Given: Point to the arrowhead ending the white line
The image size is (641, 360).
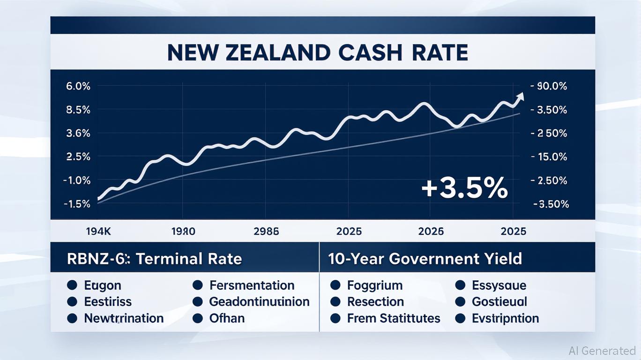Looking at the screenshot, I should [x=520, y=97].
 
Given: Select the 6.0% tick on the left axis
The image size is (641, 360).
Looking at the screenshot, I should [x=78, y=86].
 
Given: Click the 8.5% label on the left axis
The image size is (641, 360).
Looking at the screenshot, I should [x=78, y=110].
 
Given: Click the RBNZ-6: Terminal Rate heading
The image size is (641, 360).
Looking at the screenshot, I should [x=155, y=259].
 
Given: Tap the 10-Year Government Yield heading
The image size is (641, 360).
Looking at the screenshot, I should [x=425, y=259].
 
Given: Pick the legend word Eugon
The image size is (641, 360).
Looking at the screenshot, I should [x=103, y=285].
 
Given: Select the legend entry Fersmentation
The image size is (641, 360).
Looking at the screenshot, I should [x=252, y=285].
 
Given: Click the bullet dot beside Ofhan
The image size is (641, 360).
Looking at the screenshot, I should [x=198, y=318].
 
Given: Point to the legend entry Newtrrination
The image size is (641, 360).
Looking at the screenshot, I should [x=124, y=318].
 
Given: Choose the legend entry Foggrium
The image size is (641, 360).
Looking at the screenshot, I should [x=375, y=285].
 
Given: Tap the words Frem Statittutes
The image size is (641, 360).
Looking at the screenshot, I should [x=394, y=318].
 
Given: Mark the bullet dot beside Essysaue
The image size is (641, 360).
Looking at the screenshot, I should [x=461, y=285].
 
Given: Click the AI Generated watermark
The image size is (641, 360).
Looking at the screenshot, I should [x=602, y=350].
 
